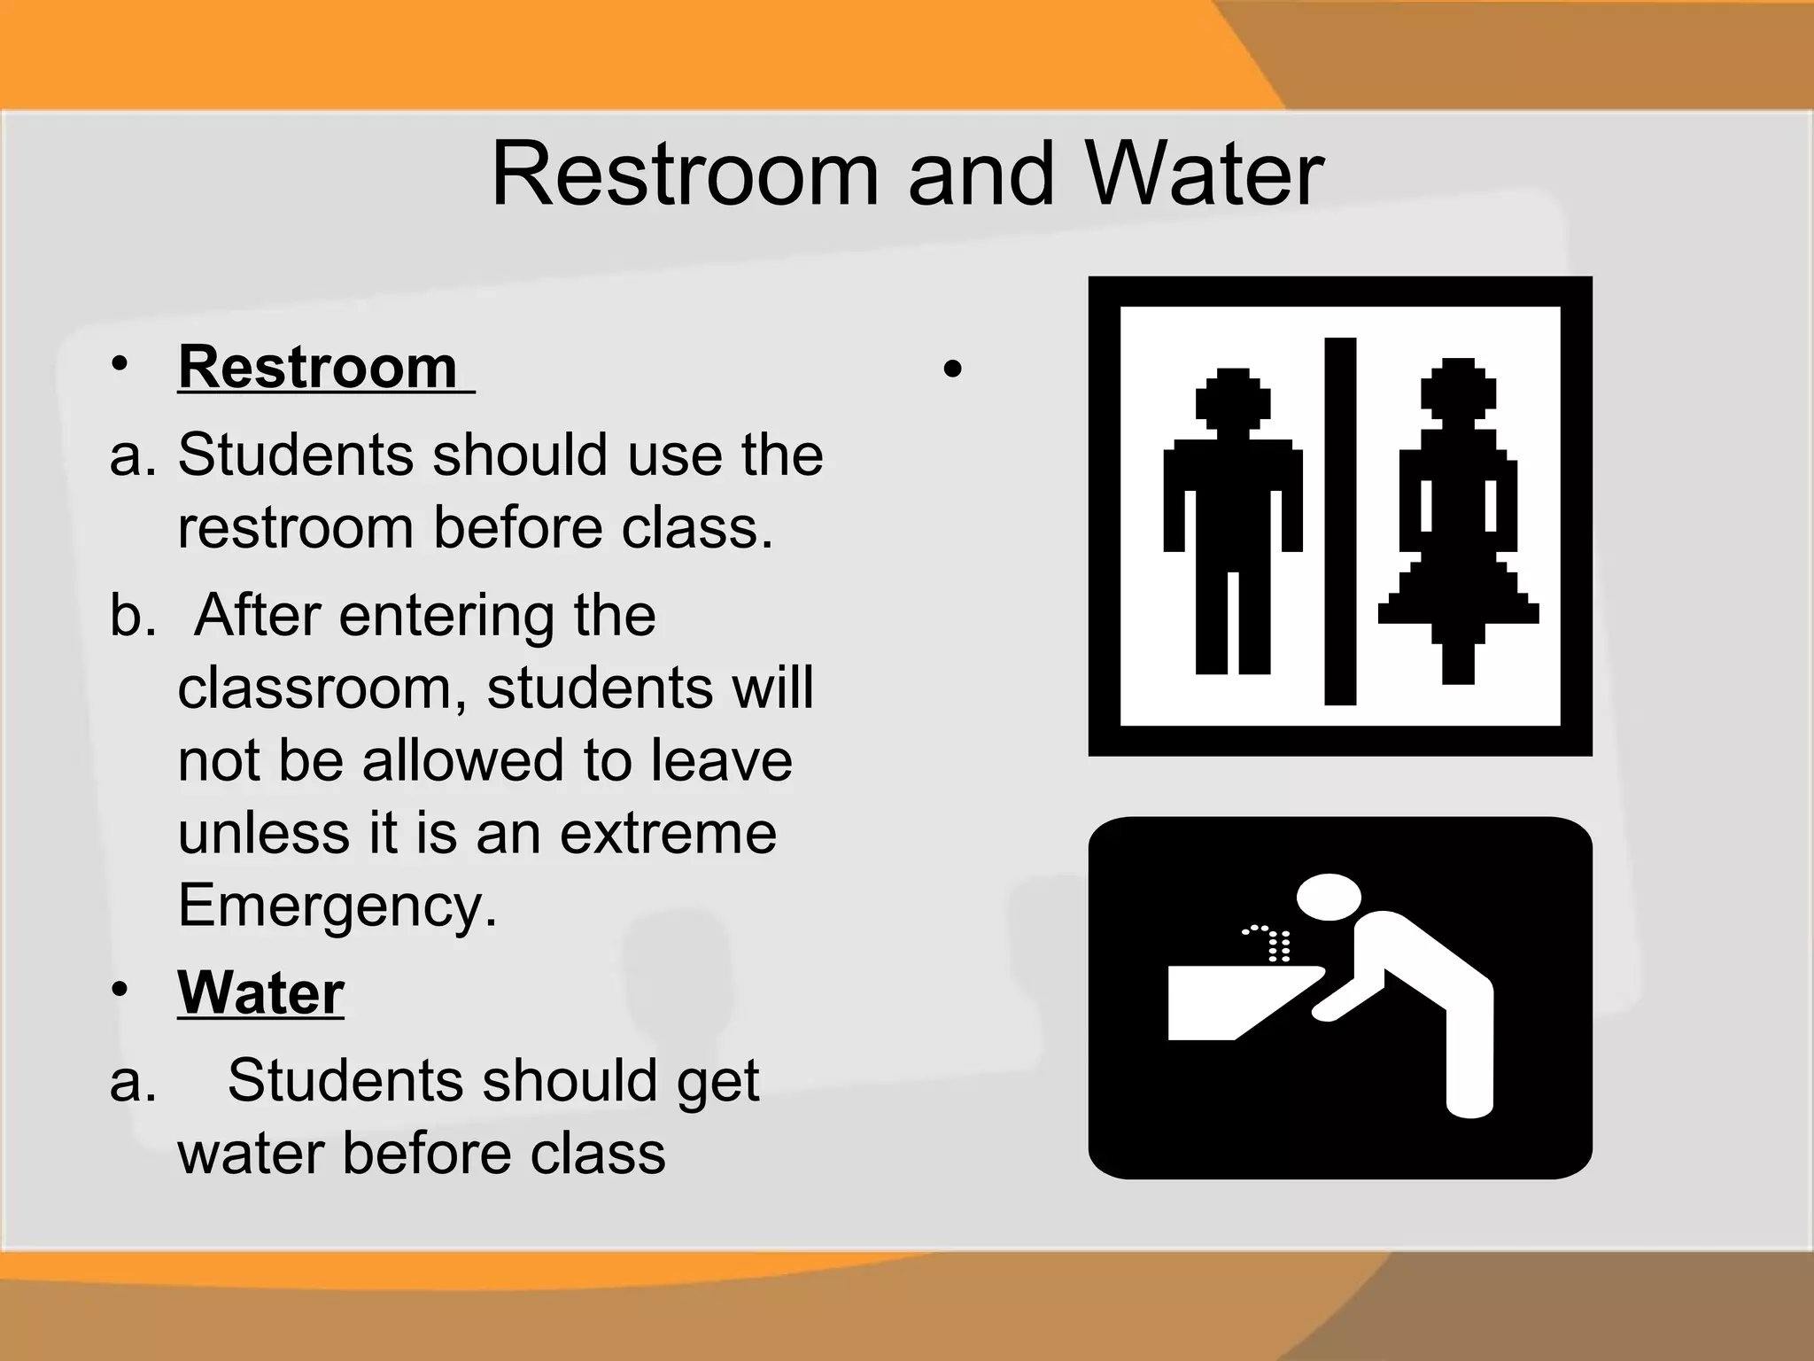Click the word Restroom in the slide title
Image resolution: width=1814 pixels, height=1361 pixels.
point(684,175)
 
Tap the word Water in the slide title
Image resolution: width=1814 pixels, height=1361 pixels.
point(1205,175)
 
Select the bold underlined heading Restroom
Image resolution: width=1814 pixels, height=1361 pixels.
point(317,367)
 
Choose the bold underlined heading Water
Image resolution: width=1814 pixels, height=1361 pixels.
point(260,992)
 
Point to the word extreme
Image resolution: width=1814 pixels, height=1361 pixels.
point(668,833)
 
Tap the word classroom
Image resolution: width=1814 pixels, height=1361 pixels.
point(322,688)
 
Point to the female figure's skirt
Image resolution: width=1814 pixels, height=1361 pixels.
point(1458,594)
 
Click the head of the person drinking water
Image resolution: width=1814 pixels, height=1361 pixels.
point(1329,898)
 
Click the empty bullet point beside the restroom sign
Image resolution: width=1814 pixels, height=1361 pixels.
point(952,369)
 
